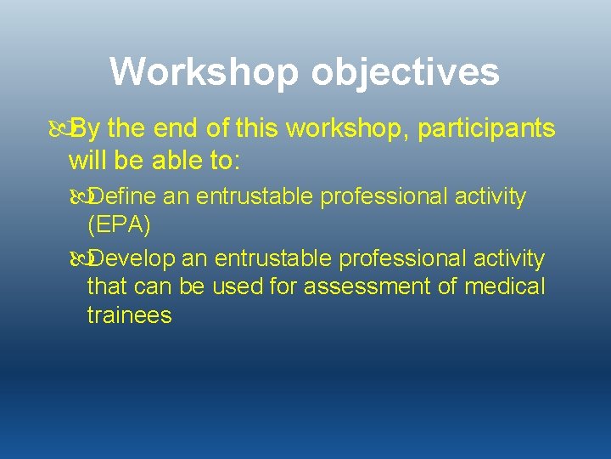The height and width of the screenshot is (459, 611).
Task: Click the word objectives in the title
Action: click(405, 72)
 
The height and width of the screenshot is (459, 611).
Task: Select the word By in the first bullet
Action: click(86, 129)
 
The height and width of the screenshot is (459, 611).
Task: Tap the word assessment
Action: click(367, 286)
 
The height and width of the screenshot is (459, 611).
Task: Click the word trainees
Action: click(129, 315)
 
